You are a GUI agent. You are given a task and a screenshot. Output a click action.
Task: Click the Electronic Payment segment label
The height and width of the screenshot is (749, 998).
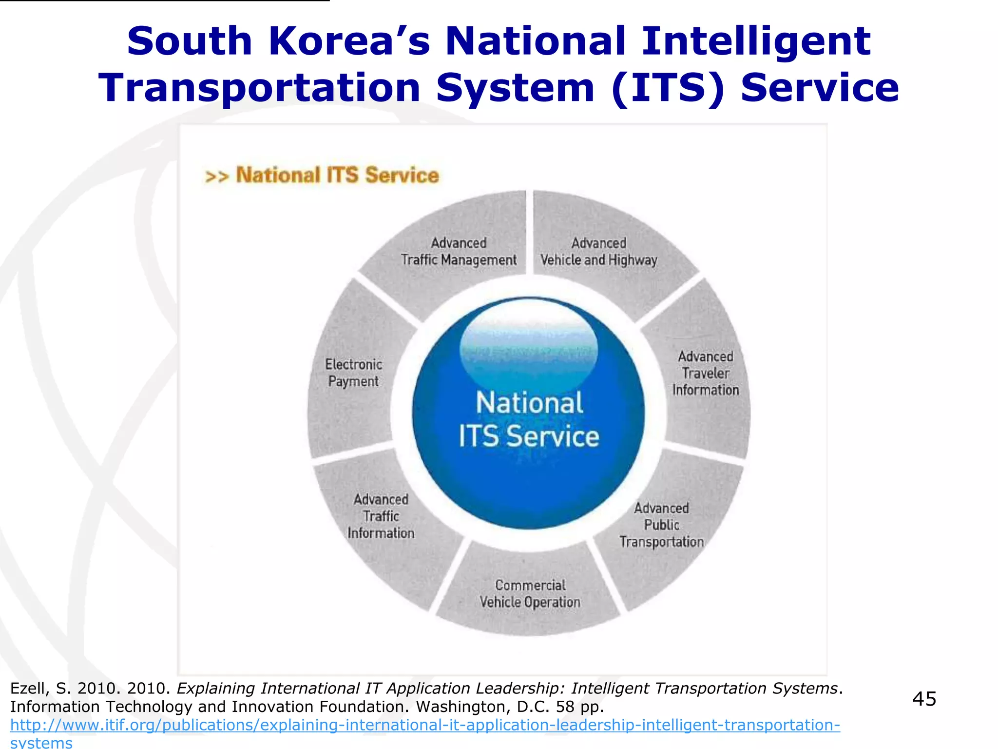tap(353, 373)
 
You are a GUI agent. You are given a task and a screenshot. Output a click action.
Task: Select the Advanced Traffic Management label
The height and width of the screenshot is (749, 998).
tap(459, 252)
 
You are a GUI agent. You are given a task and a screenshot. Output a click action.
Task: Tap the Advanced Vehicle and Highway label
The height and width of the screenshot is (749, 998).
tap(599, 252)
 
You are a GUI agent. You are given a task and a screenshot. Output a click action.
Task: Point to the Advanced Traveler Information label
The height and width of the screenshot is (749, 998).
tap(706, 374)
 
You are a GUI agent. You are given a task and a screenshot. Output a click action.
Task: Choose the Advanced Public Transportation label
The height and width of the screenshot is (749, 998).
tap(661, 525)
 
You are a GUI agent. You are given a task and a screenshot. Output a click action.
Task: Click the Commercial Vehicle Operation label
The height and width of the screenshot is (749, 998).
tap(530, 593)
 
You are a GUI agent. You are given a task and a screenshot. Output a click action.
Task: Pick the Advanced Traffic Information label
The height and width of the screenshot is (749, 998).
tap(381, 516)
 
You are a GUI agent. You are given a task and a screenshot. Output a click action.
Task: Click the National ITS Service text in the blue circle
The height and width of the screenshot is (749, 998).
tap(529, 419)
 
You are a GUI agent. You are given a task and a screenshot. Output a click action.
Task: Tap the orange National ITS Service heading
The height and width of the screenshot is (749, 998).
tap(337, 175)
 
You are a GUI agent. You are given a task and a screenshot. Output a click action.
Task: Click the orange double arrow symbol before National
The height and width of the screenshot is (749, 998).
tap(216, 176)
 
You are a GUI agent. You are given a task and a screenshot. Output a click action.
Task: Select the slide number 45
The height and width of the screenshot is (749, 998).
tap(924, 699)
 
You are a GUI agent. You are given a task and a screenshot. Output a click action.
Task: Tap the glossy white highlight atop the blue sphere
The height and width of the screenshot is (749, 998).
tap(529, 336)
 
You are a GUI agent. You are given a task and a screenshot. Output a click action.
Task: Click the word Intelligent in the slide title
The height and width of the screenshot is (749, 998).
tap(756, 41)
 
